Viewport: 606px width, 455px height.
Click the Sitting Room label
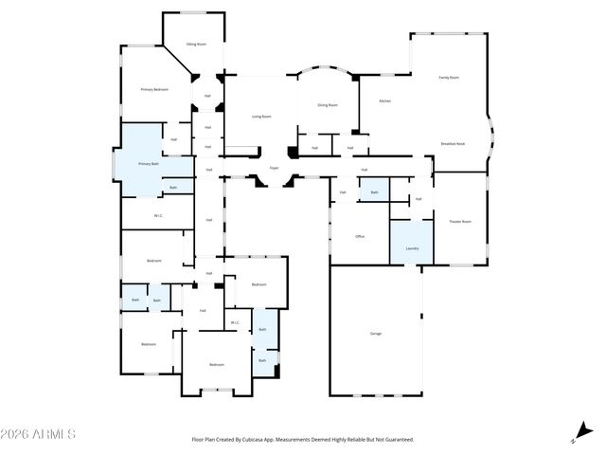pyautogui.click(x=196, y=44)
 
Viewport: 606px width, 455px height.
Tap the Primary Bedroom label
pyautogui.click(x=154, y=89)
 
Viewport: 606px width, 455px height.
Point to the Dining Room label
pyautogui.click(x=328, y=105)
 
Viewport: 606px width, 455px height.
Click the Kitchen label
pyautogui.click(x=385, y=100)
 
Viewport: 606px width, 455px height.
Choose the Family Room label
pyautogui.click(x=449, y=77)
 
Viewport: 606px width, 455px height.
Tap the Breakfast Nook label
pyautogui.click(x=453, y=143)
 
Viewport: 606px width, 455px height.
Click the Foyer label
pyautogui.click(x=274, y=168)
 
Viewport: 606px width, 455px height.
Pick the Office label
pyautogui.click(x=360, y=236)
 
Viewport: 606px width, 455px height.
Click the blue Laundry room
pyautogui.click(x=412, y=242)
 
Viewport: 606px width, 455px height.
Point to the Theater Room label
pyautogui.click(x=460, y=221)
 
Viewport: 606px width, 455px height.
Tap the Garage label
pyautogui.click(x=376, y=334)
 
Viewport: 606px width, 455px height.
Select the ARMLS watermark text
pyautogui.click(x=39, y=434)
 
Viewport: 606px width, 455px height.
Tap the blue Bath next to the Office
pyautogui.click(x=374, y=190)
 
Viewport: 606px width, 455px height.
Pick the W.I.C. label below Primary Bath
pyautogui.click(x=160, y=215)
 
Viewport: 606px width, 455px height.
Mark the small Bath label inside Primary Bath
pyautogui.click(x=173, y=188)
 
